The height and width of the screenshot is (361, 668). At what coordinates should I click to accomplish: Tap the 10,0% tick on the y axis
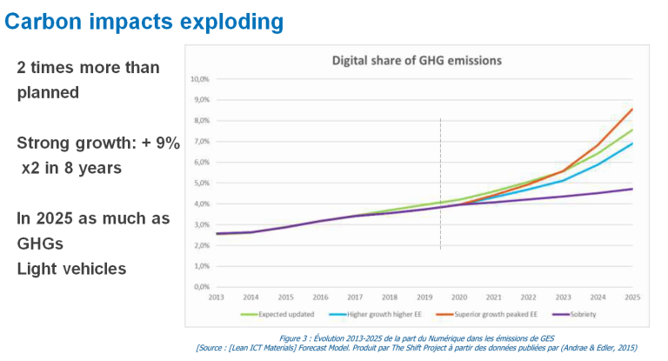[199, 79]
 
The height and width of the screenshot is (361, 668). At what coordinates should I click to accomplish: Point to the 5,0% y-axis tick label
[201, 183]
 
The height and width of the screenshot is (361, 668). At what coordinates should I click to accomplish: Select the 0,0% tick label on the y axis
[201, 286]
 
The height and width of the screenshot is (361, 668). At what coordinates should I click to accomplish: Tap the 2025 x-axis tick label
[631, 297]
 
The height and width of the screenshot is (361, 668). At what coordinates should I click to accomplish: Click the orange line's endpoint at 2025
[631, 110]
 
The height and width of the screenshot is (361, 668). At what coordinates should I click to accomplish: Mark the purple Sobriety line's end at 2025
[631, 189]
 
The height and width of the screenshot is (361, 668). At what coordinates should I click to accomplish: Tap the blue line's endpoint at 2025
[631, 144]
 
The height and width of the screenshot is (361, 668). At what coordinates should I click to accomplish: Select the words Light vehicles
[71, 268]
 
